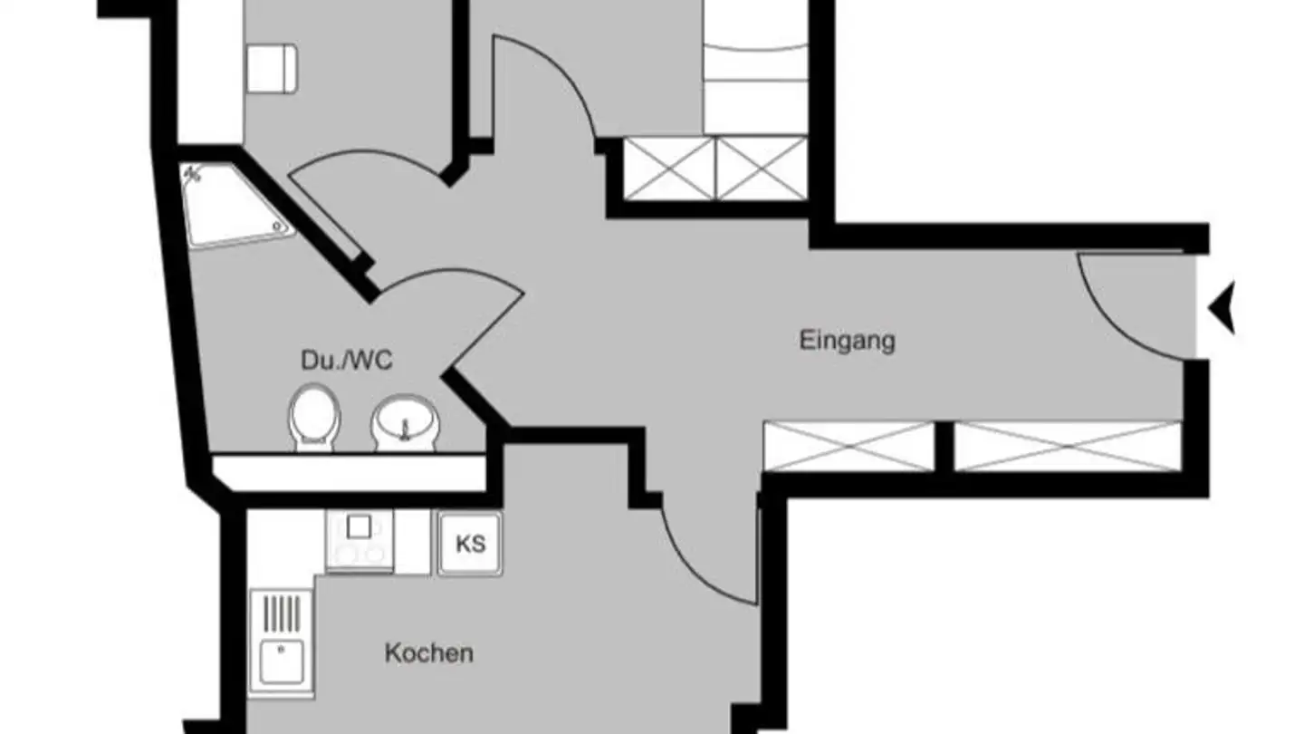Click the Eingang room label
(847, 341)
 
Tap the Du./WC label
(347, 361)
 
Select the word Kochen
(428, 652)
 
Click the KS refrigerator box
(470, 544)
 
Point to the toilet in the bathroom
(313, 417)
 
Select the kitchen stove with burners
(360, 541)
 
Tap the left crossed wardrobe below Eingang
(849, 446)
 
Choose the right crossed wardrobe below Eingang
(1069, 446)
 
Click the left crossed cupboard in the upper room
(668, 169)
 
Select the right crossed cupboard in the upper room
(761, 169)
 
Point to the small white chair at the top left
(272, 68)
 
